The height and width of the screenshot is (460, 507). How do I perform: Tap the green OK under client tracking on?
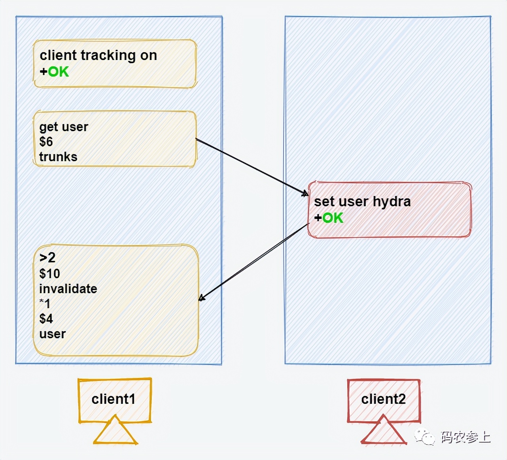[58, 72]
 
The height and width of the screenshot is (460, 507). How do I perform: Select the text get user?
[64, 127]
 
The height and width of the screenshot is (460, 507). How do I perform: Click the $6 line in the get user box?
[46, 142]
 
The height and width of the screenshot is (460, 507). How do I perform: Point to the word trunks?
[58, 157]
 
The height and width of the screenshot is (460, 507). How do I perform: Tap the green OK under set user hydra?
[333, 218]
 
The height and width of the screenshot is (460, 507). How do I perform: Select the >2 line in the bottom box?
[47, 258]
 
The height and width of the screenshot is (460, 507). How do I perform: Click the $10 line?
[50, 273]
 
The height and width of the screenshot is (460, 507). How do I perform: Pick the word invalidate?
[68, 289]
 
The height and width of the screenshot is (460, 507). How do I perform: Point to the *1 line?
[45, 304]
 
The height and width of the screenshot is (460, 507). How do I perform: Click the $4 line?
[46, 319]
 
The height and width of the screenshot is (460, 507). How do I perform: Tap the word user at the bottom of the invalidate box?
[52, 334]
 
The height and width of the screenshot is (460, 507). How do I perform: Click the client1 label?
[114, 399]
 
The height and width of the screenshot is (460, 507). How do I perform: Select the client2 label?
[383, 399]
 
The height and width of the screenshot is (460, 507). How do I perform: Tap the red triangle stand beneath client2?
[383, 432]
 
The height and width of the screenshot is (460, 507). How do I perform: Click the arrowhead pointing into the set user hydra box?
[305, 194]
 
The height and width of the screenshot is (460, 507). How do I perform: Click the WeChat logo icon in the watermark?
[424, 437]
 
